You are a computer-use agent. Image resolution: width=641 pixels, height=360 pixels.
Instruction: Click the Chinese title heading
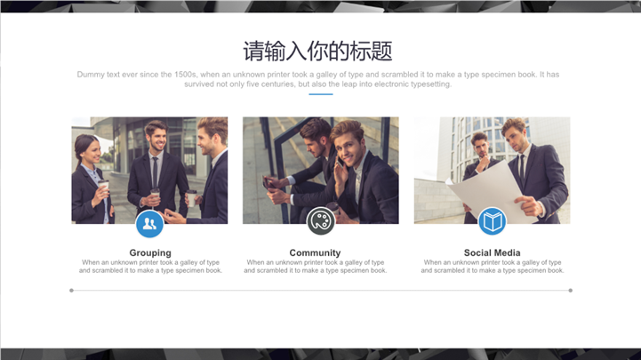[x=317, y=51]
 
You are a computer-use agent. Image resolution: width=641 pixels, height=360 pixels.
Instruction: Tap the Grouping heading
[x=150, y=253]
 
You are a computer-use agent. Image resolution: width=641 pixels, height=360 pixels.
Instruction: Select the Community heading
[x=315, y=253]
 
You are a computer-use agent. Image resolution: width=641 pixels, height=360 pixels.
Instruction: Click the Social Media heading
[x=492, y=253]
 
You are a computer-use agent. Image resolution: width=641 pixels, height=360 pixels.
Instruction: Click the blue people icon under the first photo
[x=149, y=224]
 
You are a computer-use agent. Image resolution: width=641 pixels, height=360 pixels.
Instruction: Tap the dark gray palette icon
[x=320, y=221]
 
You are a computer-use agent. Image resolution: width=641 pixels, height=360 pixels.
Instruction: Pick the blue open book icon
[x=493, y=221]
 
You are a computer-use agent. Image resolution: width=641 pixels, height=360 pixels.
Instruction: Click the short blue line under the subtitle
[x=320, y=94]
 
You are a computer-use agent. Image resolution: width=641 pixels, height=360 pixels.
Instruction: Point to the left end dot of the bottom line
[x=71, y=291]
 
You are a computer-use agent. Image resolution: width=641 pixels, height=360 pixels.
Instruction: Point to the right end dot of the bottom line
[x=570, y=291]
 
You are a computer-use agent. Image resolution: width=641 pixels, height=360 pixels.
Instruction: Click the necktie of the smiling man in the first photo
[x=155, y=172]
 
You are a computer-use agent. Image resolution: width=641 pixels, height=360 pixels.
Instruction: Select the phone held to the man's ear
[x=340, y=162]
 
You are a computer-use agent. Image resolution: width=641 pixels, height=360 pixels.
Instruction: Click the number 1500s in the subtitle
[x=185, y=75]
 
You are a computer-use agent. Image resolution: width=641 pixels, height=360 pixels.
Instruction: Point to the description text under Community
[x=316, y=267]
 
